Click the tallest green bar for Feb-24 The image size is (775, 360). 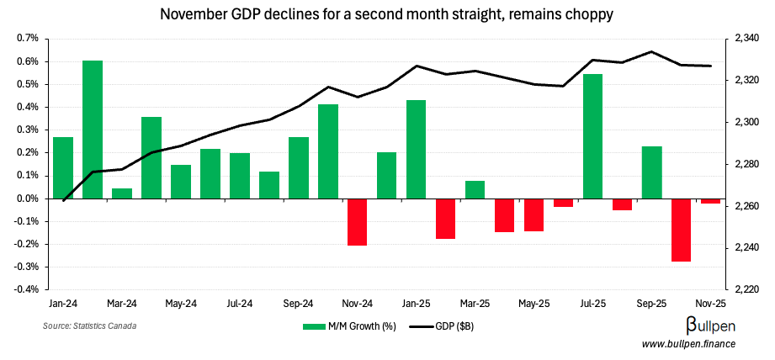(93, 130)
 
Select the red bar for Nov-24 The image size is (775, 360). (358, 222)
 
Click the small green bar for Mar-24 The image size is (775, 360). (122, 193)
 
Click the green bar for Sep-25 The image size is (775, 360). (651, 172)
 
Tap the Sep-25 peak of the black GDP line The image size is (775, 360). (651, 52)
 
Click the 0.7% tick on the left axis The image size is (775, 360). (28, 39)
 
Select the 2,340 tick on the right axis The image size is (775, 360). (747, 39)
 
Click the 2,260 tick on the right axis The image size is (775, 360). (747, 206)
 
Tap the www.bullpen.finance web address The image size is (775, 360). (688, 344)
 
